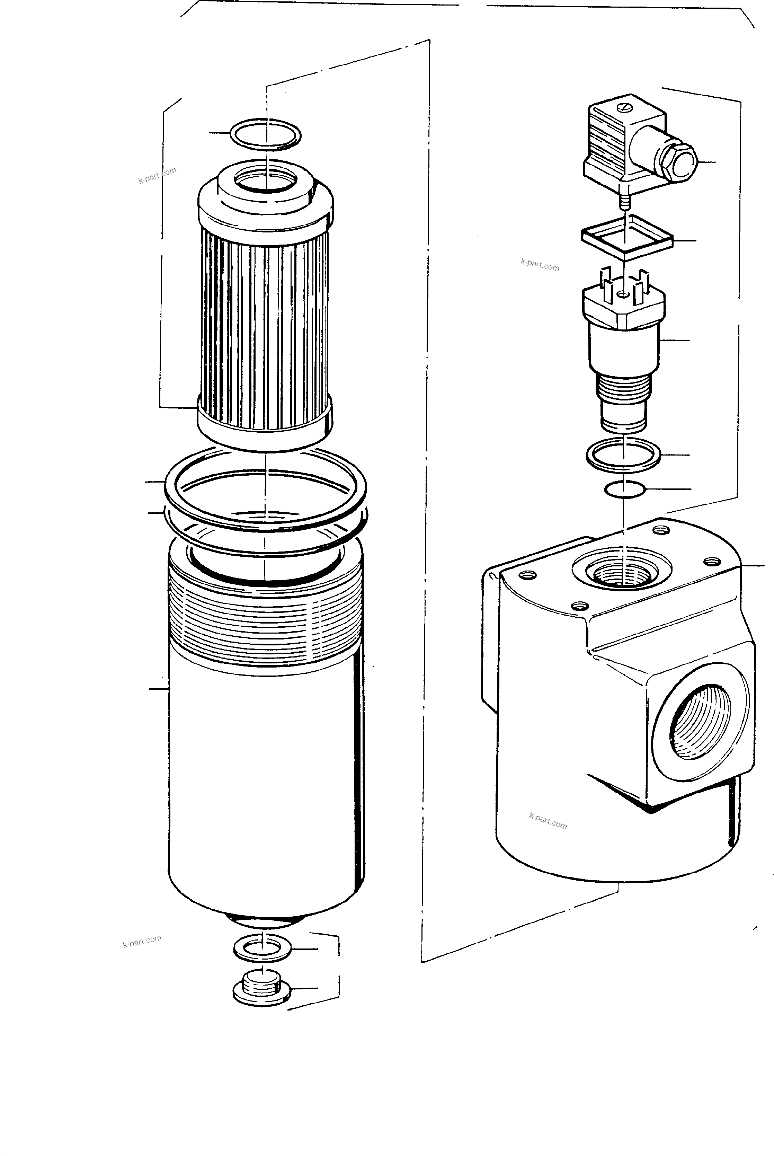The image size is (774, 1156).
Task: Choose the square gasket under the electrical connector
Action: [626, 237]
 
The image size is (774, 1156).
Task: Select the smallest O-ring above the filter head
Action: [624, 490]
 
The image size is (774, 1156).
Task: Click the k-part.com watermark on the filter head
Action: [548, 821]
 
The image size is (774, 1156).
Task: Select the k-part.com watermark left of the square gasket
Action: [540, 265]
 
